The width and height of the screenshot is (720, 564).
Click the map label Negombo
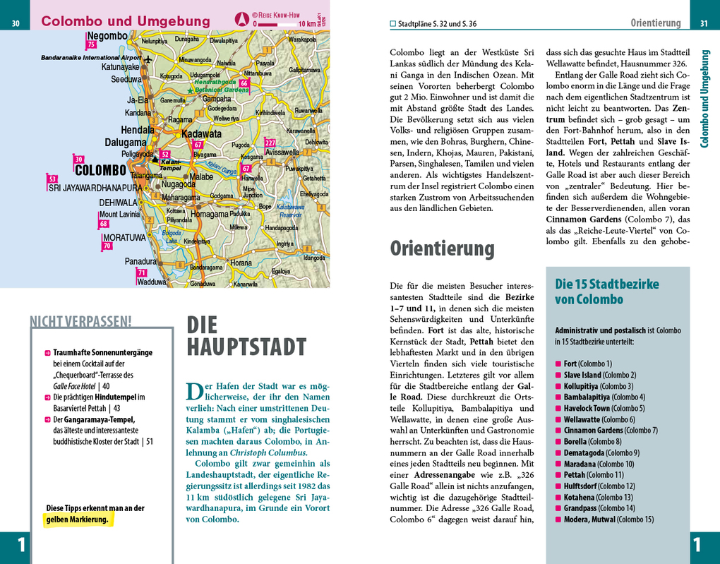coord(107,35)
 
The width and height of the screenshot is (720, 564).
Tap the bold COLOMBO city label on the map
coord(100,170)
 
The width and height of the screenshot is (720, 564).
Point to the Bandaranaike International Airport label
coord(91,57)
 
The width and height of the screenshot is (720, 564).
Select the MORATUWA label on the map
coord(124,238)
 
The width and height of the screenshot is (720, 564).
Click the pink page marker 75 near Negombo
coord(90,45)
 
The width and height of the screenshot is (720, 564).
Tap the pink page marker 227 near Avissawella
coord(270,143)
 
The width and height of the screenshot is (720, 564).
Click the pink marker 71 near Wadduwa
coord(142,273)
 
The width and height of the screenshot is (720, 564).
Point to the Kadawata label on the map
coord(201,133)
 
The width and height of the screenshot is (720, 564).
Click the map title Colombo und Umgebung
coord(126,21)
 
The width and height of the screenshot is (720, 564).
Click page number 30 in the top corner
coord(16,25)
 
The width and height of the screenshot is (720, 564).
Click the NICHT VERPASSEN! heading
coord(80,322)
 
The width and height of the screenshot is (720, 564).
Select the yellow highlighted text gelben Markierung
coord(78,520)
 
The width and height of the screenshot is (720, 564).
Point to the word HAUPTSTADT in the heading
coord(246,347)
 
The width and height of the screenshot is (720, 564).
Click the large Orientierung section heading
coord(442,248)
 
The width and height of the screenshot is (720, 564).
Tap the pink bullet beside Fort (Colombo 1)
coord(558,364)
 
